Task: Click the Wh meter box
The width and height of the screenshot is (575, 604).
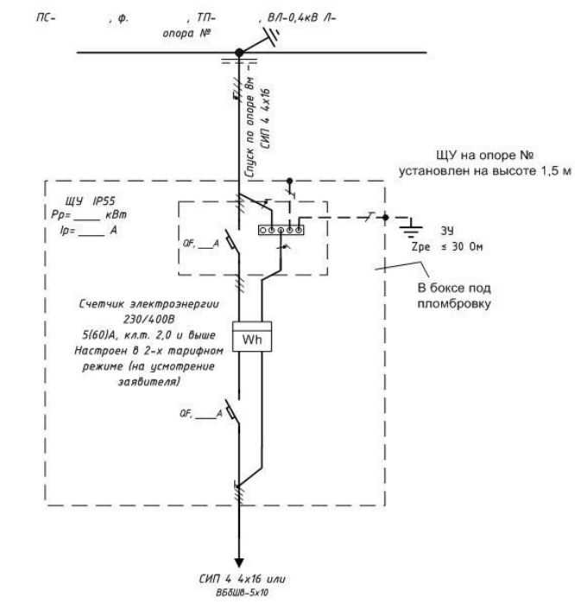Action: (252, 336)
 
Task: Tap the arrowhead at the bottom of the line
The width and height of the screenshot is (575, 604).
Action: (239, 563)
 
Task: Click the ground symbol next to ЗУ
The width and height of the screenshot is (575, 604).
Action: (411, 227)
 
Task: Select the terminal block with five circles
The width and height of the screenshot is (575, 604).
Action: (281, 230)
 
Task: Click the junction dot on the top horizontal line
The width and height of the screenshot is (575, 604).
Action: (239, 53)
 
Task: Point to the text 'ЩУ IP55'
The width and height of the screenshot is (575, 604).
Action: (91, 201)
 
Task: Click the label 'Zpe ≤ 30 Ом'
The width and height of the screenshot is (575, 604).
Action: (447, 246)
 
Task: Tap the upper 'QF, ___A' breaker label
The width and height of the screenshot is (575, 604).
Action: (201, 244)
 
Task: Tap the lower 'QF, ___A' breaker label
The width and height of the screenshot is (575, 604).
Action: (201, 414)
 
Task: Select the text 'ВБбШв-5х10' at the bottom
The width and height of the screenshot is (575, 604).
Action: (242, 593)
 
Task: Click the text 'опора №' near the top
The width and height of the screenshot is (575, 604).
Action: (186, 34)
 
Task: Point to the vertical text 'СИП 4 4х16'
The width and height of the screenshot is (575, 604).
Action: (266, 118)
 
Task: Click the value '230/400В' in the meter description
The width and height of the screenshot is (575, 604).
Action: (149, 320)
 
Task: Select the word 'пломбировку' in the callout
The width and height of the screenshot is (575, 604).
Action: (454, 304)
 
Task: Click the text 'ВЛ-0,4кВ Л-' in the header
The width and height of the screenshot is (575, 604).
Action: (301, 18)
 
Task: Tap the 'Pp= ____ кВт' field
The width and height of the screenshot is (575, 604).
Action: (89, 215)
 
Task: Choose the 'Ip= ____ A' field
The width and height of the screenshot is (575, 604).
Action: (89, 231)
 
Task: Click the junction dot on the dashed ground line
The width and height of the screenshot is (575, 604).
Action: (385, 218)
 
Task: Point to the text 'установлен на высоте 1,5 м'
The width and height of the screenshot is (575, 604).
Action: (485, 171)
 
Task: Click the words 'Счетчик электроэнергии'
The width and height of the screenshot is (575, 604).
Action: (149, 304)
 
